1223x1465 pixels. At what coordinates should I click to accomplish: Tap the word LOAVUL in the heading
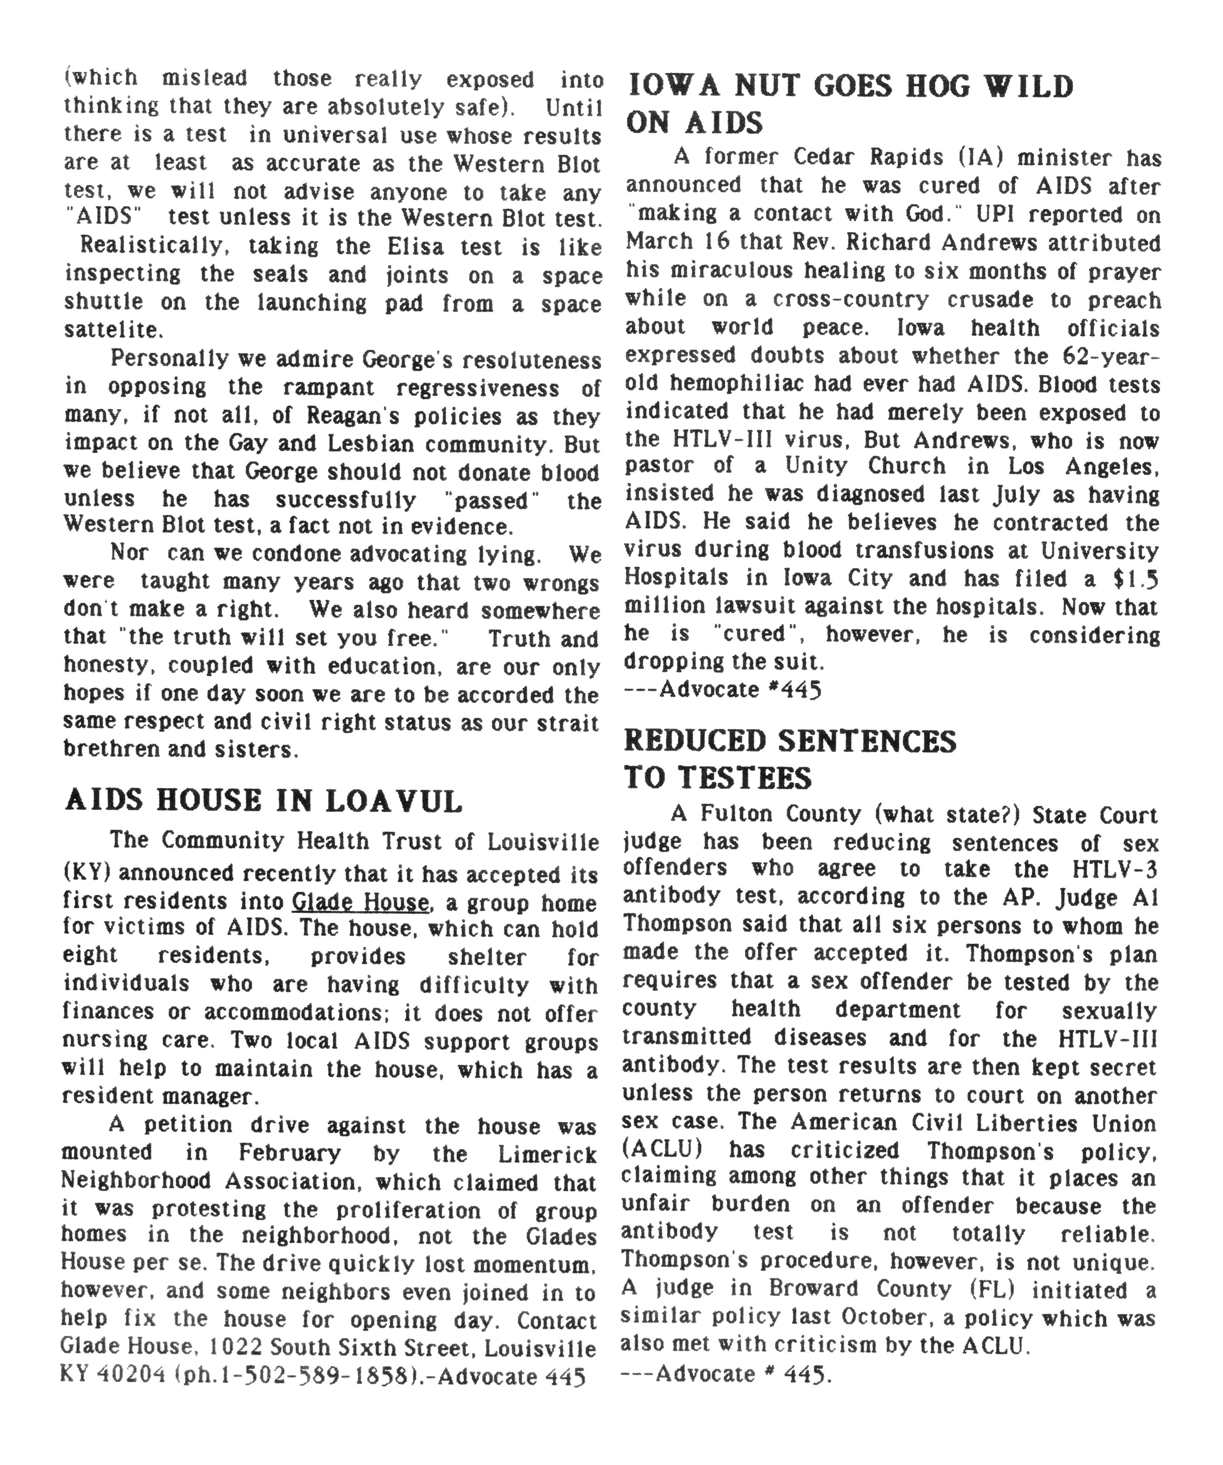[394, 801]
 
